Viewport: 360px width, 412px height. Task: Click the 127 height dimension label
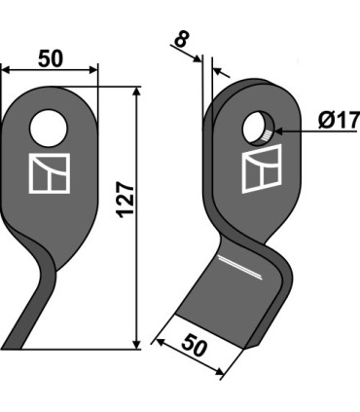click(x=126, y=200)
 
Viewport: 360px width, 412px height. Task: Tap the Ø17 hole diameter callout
click(x=339, y=120)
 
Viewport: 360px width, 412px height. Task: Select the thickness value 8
click(x=181, y=40)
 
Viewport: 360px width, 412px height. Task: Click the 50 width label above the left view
click(x=51, y=59)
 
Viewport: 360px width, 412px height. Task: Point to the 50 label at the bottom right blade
click(x=194, y=346)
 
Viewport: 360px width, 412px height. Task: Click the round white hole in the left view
click(x=49, y=129)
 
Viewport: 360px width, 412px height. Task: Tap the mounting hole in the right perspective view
click(x=259, y=128)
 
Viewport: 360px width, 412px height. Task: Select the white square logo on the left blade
click(x=50, y=173)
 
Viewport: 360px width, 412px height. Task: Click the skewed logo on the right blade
click(x=262, y=169)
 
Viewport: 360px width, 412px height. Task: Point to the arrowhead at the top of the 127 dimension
click(x=137, y=91)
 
